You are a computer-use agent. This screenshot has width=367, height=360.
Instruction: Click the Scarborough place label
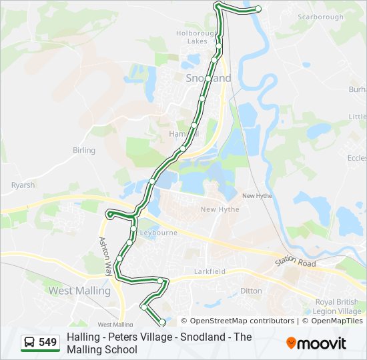click(x=320, y=17)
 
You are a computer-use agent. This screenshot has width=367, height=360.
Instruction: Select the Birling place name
click(x=84, y=151)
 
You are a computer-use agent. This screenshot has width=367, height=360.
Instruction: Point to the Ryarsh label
click(x=23, y=185)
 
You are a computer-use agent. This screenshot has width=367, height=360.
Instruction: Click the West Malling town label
click(x=79, y=291)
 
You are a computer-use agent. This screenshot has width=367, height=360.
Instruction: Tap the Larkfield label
click(x=212, y=271)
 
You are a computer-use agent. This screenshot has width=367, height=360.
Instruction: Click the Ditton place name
click(x=251, y=291)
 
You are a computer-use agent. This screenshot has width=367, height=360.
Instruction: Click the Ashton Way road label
click(x=105, y=257)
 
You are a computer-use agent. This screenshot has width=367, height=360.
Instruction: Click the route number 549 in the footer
click(x=48, y=343)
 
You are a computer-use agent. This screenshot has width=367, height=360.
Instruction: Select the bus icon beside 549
click(x=30, y=343)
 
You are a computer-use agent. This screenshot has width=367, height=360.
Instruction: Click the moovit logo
click(x=316, y=343)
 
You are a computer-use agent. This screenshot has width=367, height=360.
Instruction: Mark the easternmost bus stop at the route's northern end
click(x=258, y=9)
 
